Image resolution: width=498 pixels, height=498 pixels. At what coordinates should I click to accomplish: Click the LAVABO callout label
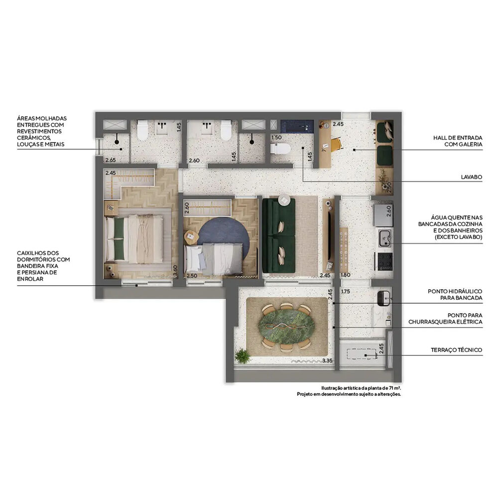coord(471,177)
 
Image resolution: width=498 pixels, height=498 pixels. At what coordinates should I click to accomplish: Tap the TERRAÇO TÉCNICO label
coord(456,350)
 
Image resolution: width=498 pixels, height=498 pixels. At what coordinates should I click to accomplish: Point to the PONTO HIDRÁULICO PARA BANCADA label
coord(455,294)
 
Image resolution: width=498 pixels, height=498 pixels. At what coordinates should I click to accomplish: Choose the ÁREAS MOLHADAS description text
coord(41,131)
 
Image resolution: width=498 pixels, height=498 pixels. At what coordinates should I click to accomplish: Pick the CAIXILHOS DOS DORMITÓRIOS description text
coord(43,266)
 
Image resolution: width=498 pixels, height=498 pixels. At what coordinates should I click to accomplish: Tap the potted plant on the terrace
coord(243,356)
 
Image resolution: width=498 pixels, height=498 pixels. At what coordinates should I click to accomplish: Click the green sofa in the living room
coord(278,235)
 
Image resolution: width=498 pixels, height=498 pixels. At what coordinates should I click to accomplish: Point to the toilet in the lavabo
coord(281,148)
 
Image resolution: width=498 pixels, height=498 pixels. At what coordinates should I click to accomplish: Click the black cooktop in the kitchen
coord(385,261)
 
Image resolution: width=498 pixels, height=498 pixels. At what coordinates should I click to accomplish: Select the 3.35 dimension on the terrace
coord(327,360)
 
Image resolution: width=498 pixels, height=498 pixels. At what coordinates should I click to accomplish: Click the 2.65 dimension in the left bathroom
coord(110,160)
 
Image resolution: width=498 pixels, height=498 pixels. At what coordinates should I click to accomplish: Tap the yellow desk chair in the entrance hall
coord(336,144)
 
